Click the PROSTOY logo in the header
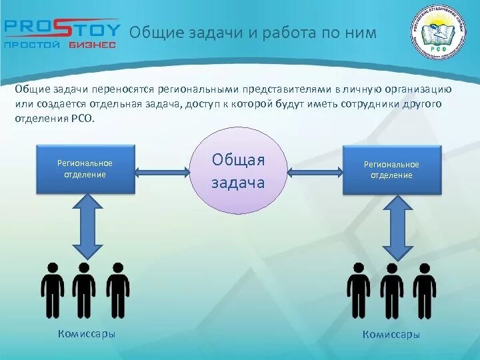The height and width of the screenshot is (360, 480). pos(61,29)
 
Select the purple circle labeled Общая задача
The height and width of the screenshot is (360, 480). pos(238,170)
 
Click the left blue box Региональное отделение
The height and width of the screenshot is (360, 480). pos(85,169)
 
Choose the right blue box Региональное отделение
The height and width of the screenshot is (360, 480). pos(392,170)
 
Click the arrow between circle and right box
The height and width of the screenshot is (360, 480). pos(315,171)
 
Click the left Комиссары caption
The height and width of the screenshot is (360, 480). pos(87,334)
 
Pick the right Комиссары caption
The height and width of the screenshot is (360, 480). pos(391,335)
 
